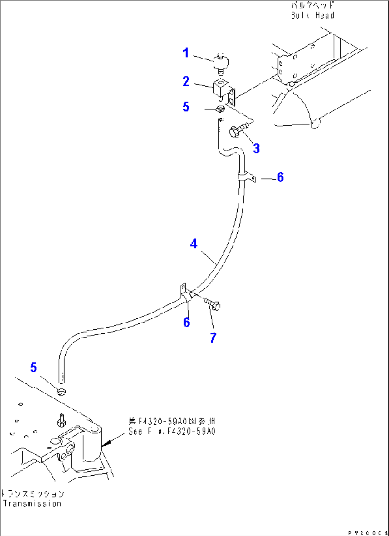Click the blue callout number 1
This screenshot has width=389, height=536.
click(186, 53)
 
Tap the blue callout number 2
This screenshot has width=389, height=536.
click(186, 81)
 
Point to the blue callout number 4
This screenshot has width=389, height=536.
click(193, 244)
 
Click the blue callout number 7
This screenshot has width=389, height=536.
click(213, 338)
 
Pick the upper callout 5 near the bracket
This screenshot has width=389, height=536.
click(186, 107)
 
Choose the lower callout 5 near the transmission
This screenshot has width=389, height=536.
click(34, 367)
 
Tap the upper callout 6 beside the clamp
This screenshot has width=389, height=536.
click(280, 177)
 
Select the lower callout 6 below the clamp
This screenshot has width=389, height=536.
click(186, 322)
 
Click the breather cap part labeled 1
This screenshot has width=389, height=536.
click(221, 62)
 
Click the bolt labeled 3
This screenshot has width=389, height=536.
click(238, 131)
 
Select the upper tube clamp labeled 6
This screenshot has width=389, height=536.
click(246, 177)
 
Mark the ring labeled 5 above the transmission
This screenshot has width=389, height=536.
click(62, 392)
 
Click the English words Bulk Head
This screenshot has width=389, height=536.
click(312, 15)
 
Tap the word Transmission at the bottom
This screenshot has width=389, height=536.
click(32, 504)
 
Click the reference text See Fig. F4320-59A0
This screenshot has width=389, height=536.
click(172, 431)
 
